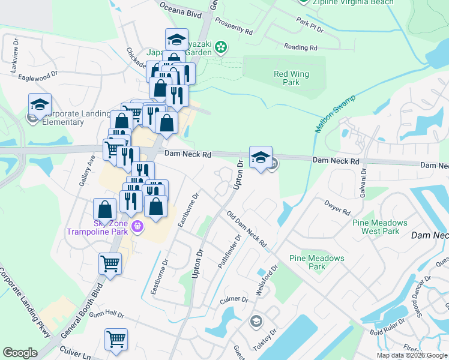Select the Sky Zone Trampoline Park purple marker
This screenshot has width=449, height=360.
point(137,226)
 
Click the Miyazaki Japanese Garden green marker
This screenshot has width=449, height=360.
point(221,46)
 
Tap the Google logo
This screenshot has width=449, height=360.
point(20,352)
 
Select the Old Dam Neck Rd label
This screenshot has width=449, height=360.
point(247,229)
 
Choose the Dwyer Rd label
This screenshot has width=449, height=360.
point(337,207)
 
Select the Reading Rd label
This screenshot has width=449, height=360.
point(300,47)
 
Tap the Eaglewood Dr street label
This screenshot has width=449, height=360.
point(38,76)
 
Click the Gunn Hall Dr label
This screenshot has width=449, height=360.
point(106,313)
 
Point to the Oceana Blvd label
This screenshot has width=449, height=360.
point(178,10)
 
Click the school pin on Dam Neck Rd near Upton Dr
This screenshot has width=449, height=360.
point(261,158)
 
